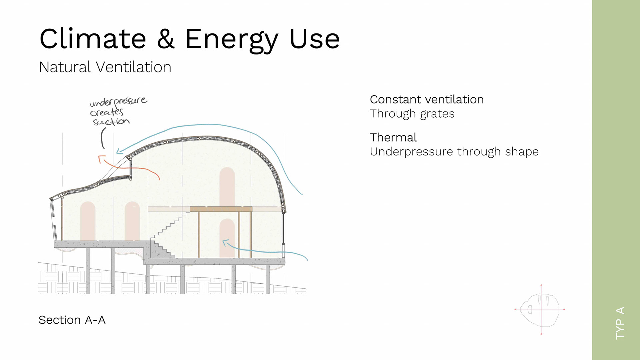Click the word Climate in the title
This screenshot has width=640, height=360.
coord(93,39)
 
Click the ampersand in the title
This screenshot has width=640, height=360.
coord(166,39)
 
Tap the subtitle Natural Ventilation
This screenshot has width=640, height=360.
coord(105,67)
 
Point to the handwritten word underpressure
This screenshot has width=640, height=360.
coord(118,101)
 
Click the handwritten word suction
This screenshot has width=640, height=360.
coord(111,121)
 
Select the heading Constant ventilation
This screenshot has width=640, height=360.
coord(427,99)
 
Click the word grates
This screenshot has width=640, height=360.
coord(437,114)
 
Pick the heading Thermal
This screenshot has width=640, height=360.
coord(393,137)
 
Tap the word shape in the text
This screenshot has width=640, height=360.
coord(522,152)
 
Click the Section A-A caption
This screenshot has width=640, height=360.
coord(72,320)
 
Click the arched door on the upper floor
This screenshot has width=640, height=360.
coord(227,187)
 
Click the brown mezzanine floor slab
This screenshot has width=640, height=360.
coord(221,209)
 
